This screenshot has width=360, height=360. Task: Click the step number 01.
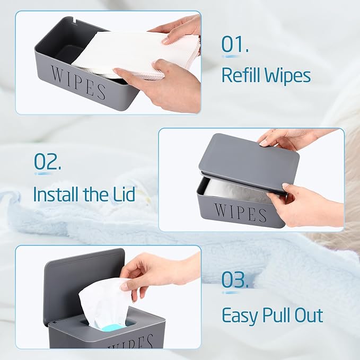235,45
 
